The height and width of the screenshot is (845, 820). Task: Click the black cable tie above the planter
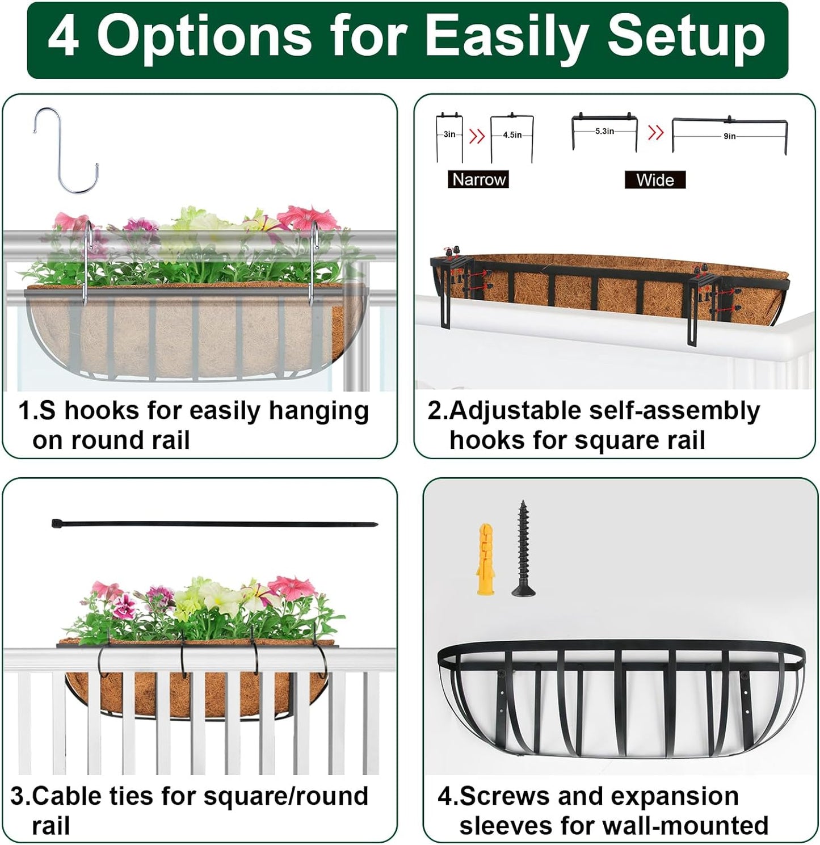click(214, 524)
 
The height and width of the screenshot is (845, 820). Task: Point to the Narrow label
click(478, 180)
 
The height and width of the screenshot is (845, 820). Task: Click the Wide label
click(655, 180)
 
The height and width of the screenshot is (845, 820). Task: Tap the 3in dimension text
click(449, 134)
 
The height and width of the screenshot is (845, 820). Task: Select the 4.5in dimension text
click(512, 135)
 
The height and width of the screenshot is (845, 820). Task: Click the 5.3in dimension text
click(604, 131)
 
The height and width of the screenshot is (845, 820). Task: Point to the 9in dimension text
click(730, 136)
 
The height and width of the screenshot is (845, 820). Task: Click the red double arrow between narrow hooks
click(477, 136)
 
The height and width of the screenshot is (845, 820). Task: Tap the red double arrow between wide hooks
click(656, 133)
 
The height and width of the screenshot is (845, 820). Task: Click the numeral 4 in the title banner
click(64, 38)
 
